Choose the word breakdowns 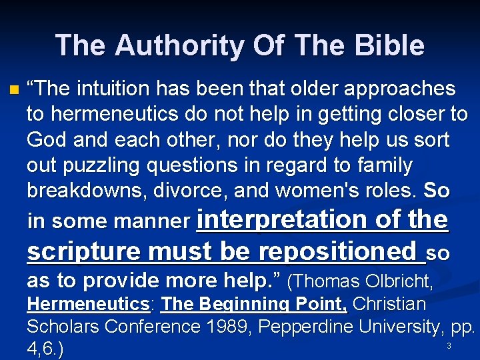tap(84, 191)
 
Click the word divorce tap(189, 191)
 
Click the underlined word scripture tap(84, 251)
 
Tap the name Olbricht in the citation tap(391, 282)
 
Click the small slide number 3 tap(449, 346)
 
